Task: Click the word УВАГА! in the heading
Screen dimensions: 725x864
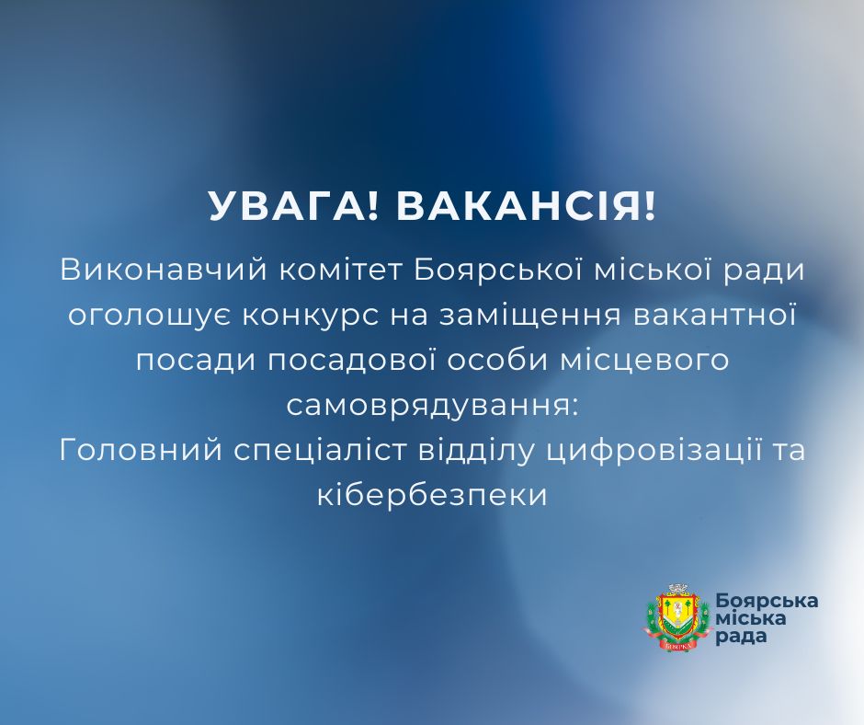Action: click(292, 207)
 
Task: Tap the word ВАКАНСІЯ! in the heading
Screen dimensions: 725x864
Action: click(527, 207)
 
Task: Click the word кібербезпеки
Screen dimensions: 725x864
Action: click(431, 495)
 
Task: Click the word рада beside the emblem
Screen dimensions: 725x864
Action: click(740, 637)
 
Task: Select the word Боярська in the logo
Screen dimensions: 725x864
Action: click(767, 600)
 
